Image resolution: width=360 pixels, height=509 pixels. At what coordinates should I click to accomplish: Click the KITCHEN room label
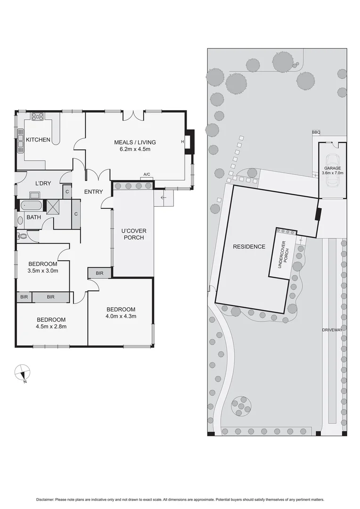(x=38, y=140)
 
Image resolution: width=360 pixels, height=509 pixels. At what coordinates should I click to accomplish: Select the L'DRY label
(x=43, y=183)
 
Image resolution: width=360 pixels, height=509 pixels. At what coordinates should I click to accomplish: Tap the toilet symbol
(x=21, y=236)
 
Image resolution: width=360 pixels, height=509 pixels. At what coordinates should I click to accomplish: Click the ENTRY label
(x=93, y=192)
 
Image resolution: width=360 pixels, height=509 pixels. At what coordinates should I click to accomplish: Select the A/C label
(x=147, y=175)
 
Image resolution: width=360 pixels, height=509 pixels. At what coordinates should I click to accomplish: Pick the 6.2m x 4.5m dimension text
(x=135, y=150)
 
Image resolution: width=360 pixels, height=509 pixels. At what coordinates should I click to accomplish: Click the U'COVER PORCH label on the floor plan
(x=133, y=234)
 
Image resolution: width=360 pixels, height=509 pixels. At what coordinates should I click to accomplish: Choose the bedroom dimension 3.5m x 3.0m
(x=43, y=271)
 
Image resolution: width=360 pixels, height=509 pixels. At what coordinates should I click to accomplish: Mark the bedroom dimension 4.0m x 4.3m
(x=121, y=316)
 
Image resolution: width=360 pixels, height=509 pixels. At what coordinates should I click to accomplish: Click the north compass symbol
(x=22, y=373)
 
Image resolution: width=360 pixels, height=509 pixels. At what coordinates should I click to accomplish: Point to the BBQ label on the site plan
(x=316, y=132)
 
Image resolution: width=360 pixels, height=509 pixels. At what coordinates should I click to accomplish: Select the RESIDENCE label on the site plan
(x=249, y=246)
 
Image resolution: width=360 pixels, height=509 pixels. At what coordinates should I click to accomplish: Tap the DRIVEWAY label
(x=332, y=330)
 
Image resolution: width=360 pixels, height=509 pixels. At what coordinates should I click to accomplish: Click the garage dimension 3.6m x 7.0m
(x=333, y=173)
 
